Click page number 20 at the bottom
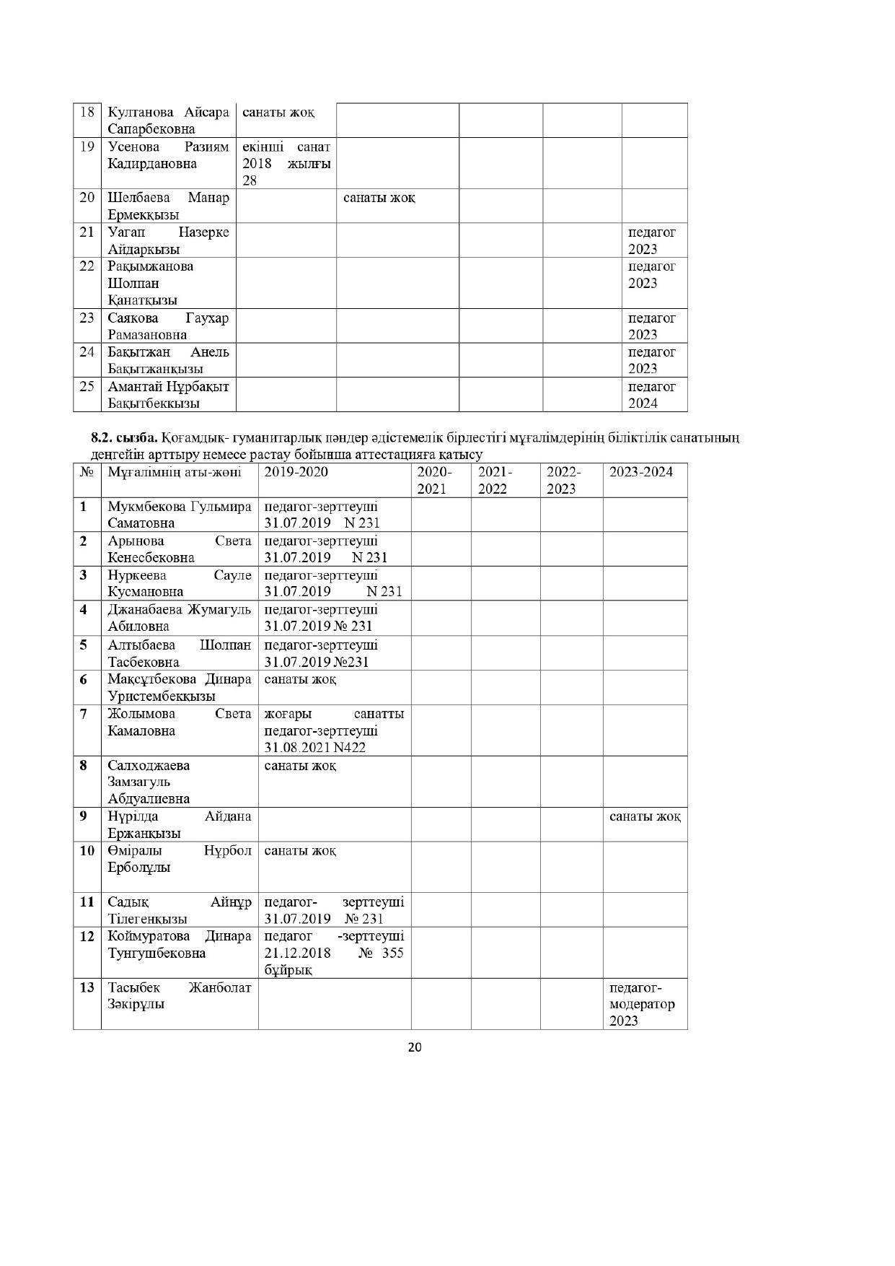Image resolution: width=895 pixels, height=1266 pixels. (415, 1047)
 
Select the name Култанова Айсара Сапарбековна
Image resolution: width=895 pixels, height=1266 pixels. (168, 121)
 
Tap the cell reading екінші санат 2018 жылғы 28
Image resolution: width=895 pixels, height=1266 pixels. (286, 163)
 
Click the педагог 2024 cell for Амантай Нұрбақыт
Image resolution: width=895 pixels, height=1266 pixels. (652, 395)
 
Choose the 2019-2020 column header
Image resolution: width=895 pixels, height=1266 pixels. (296, 472)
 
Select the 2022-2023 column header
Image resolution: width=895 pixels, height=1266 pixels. (563, 480)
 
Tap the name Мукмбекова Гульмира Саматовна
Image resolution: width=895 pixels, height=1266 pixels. (179, 515)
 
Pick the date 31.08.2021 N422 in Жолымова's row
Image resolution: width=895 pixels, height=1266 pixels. (314, 748)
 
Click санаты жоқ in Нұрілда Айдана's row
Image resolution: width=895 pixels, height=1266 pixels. (645, 816)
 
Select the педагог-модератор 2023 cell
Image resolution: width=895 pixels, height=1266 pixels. (642, 1004)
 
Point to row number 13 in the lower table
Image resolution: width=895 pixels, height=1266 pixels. (87, 987)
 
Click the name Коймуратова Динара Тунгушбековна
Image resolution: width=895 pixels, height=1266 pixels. (179, 944)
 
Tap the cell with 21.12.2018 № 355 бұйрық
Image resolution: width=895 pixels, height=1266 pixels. (333, 953)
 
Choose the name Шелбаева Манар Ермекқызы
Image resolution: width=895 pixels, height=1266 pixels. (168, 206)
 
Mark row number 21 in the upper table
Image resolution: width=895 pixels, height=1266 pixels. (87, 232)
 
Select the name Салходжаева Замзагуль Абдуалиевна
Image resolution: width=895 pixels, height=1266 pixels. (149, 782)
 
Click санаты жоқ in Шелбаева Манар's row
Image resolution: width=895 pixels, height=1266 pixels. (379, 198)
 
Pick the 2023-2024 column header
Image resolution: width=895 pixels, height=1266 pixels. (641, 472)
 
